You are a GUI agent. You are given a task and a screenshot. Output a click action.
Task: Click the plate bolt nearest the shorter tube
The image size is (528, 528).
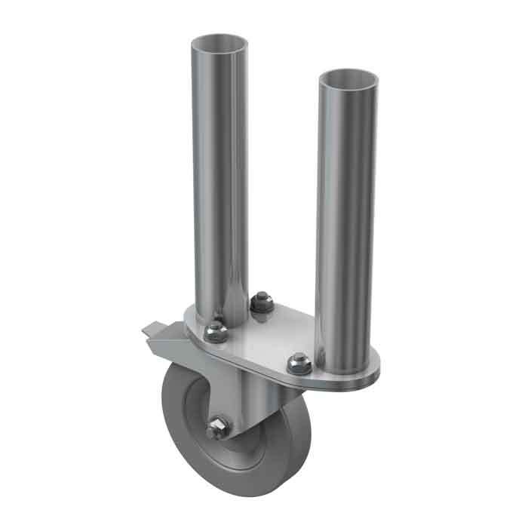point(299,363)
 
